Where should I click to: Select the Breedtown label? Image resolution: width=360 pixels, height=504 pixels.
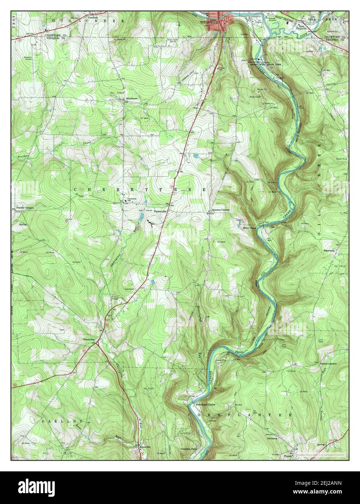click(132, 98)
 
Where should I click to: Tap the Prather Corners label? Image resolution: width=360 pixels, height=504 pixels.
click(25, 208)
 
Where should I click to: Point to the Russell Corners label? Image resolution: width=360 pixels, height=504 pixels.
click(328, 363)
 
